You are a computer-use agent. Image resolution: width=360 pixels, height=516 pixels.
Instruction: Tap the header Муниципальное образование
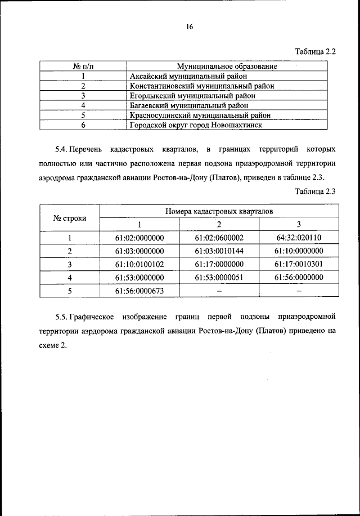[x=227, y=66]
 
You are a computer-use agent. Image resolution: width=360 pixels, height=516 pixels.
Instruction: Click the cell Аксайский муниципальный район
[x=188, y=76]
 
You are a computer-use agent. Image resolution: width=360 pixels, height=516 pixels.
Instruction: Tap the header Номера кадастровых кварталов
[x=219, y=211]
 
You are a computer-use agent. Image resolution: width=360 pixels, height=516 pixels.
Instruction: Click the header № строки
[x=70, y=217]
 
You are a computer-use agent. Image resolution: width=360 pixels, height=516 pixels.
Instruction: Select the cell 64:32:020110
[x=299, y=238]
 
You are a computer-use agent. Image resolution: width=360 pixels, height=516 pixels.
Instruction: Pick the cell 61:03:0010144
[x=219, y=251]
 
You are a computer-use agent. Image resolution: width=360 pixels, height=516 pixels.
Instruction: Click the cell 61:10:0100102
[x=139, y=264]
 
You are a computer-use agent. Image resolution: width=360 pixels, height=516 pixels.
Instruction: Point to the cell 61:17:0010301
[x=299, y=264]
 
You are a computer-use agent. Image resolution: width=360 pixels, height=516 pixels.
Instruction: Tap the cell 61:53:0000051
[x=219, y=278]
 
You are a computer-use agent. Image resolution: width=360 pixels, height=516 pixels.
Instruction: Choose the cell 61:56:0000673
[x=139, y=291]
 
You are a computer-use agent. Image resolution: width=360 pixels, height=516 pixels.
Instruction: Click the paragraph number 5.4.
[x=61, y=150]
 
